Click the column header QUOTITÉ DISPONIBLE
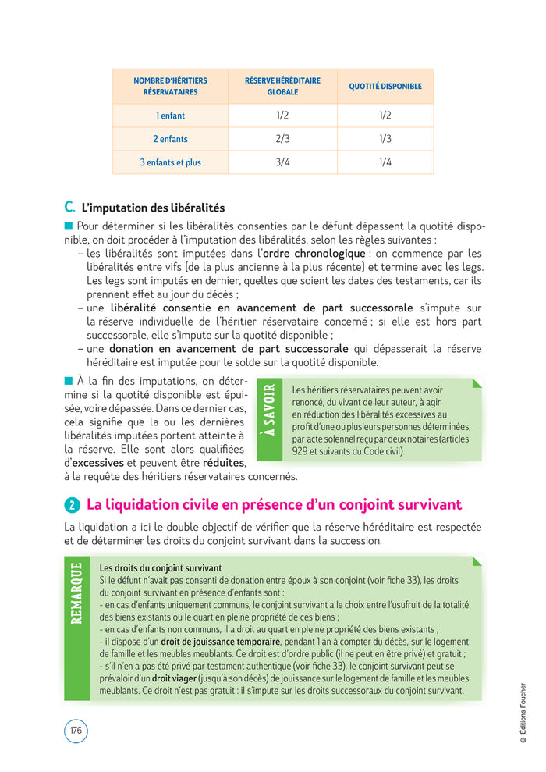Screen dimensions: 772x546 click(x=385, y=86)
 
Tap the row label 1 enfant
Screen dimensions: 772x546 click(x=170, y=116)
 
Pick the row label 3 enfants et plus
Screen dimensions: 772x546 click(x=170, y=162)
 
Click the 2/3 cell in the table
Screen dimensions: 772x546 click(x=282, y=139)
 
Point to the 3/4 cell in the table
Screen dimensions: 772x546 click(x=282, y=162)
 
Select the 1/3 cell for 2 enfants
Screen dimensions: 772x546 click(x=385, y=139)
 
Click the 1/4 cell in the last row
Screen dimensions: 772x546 click(x=385, y=162)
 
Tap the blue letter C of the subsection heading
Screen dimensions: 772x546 click(x=69, y=207)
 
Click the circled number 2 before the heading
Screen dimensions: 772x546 click(x=72, y=506)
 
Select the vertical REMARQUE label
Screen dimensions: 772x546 click(x=76, y=594)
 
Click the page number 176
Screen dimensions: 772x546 click(x=76, y=731)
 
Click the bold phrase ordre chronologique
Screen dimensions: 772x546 click(x=314, y=254)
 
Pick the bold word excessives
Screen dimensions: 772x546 click(x=97, y=463)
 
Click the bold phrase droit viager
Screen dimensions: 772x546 click(x=184, y=678)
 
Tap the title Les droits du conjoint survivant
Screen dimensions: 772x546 click(x=161, y=567)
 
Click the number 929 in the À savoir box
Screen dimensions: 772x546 click(x=300, y=451)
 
